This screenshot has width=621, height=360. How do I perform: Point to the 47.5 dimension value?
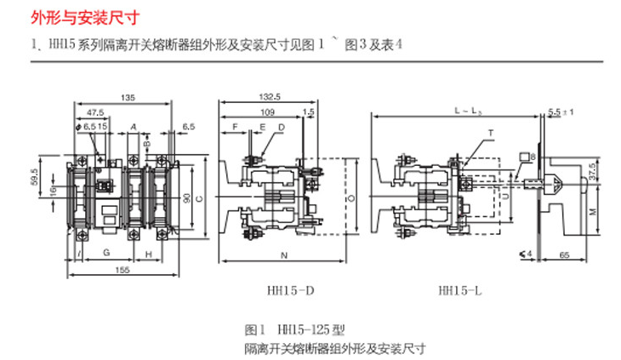coord(95,111)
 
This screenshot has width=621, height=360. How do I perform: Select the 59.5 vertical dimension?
coord(35,180)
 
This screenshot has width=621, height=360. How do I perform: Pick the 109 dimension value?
coord(265,111)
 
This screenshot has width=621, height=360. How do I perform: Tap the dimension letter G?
coord(105,254)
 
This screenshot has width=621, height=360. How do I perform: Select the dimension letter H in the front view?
coord(148,254)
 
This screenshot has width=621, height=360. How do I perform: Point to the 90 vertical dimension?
coord(186,197)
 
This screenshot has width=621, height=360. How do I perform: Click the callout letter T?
coord(490,133)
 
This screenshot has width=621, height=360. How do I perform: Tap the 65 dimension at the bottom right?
coord(564,254)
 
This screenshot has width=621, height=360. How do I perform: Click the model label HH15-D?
coord(284,291)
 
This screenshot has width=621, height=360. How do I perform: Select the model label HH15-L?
coord(460,291)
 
